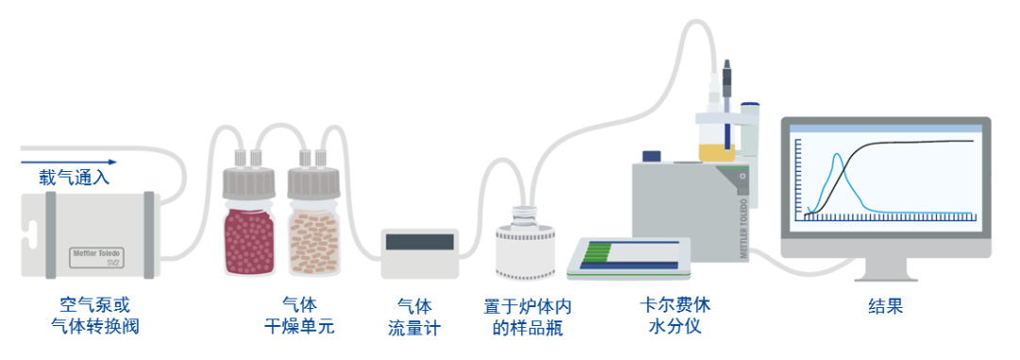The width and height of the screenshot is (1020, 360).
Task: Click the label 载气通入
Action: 74,177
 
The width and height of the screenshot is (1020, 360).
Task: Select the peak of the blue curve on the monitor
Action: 835,157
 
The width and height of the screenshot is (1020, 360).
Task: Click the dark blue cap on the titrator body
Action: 652,156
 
